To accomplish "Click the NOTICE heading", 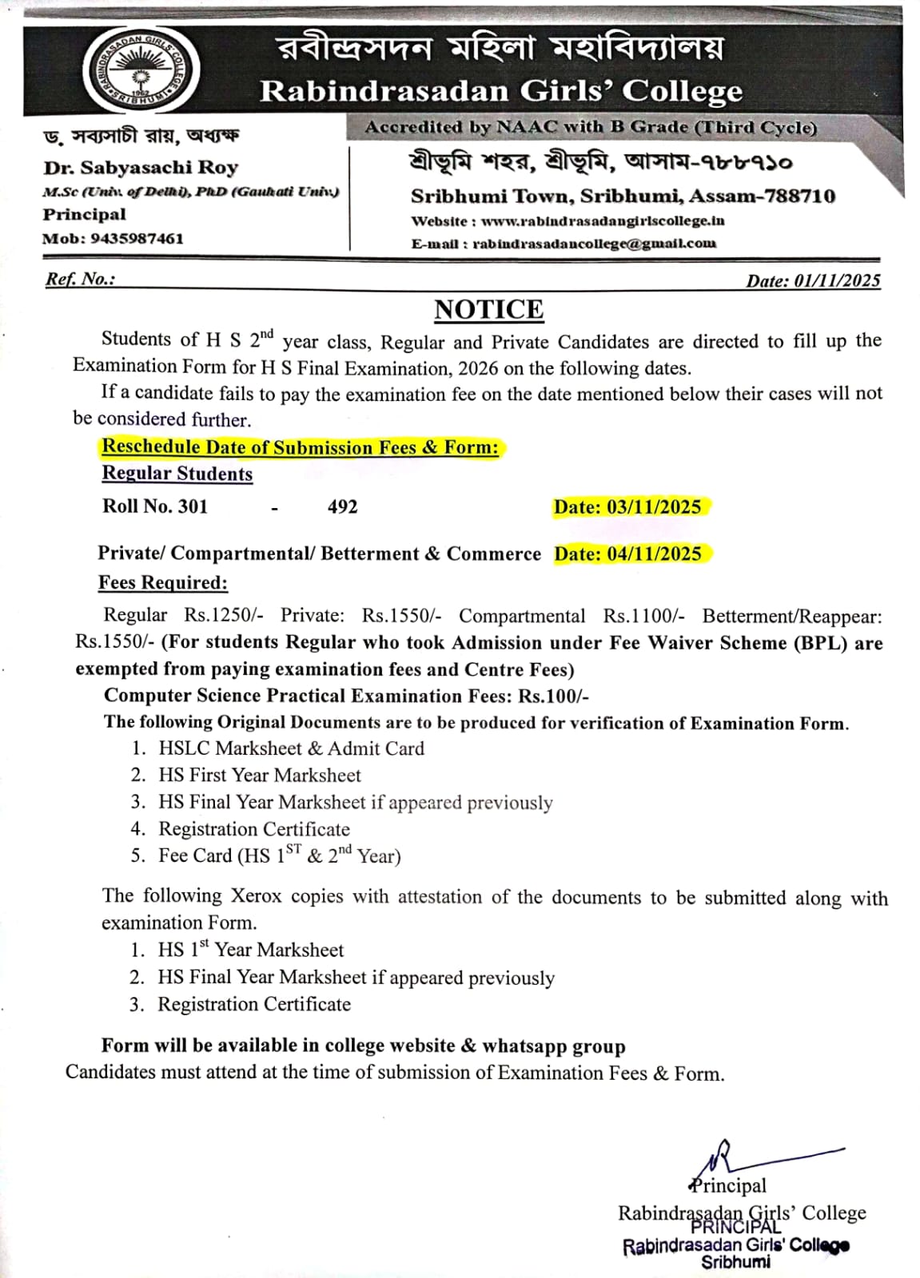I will pyautogui.click(x=488, y=309).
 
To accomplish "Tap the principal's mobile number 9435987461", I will pyautogui.click(x=137, y=238).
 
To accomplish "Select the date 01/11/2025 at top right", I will pyautogui.click(x=836, y=280).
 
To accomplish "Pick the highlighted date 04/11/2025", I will pyautogui.click(x=654, y=554).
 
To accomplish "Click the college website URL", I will pyautogui.click(x=603, y=221).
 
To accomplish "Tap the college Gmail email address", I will pyautogui.click(x=594, y=244).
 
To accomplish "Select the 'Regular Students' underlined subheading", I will pyautogui.click(x=177, y=474).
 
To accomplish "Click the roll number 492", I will pyautogui.click(x=342, y=507).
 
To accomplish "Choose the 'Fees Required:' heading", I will pyautogui.click(x=162, y=582).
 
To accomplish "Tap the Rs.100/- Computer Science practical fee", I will pyautogui.click(x=553, y=696).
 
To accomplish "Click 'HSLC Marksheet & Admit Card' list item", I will pyautogui.click(x=291, y=748).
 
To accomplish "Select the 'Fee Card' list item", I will pyautogui.click(x=279, y=855).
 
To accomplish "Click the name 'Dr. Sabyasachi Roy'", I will pyautogui.click(x=141, y=168).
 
